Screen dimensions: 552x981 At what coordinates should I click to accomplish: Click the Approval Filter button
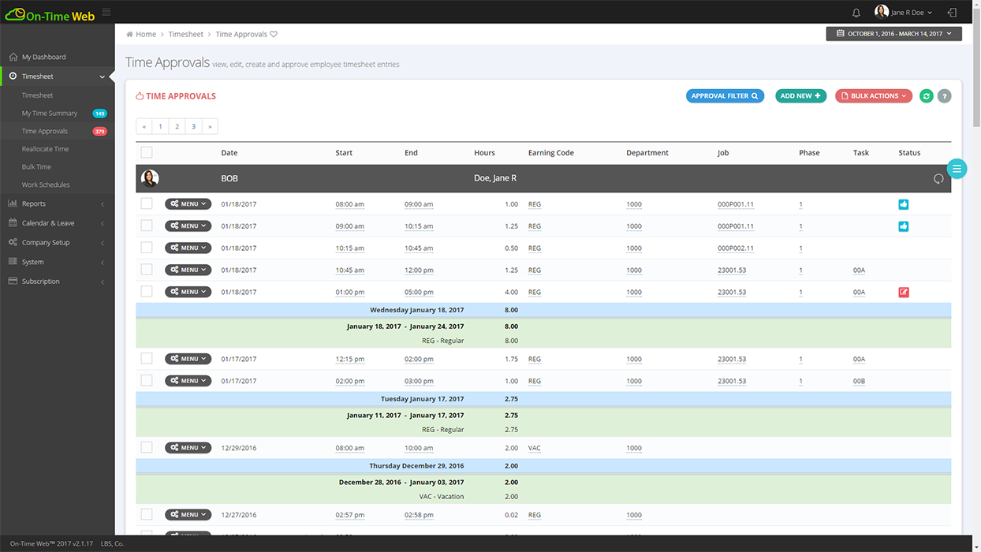coord(724,96)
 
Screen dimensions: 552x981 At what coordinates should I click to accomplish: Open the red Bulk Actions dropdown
coord(873,96)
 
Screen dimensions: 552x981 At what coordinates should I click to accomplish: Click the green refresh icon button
coord(927,96)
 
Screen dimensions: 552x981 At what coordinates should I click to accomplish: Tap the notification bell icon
coord(856,13)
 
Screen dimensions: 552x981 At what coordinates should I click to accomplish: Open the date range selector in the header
coord(893,34)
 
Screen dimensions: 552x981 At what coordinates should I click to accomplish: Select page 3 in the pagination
coord(193,126)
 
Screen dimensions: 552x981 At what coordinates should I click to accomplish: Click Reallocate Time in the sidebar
coord(45,149)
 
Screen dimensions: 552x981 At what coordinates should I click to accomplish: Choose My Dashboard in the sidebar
coord(43,57)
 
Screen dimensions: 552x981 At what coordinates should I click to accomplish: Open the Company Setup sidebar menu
coord(46,242)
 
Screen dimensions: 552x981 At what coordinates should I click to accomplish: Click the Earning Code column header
coord(550,153)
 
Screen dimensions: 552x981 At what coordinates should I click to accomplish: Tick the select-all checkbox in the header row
coord(147,153)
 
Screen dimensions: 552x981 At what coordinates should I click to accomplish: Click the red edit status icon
coord(904,292)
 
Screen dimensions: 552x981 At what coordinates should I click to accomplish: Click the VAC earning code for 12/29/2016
coord(534,448)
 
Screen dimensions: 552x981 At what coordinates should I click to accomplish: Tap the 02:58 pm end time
coord(419,515)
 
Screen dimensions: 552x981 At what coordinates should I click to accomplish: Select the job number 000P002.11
coord(735,248)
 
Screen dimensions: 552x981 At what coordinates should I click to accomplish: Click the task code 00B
coord(859,381)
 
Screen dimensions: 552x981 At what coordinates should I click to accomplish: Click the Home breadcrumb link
coord(145,35)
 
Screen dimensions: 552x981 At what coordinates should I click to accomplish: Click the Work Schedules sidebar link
coord(46,185)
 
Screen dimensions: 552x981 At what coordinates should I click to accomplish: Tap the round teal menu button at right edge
coord(957,169)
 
